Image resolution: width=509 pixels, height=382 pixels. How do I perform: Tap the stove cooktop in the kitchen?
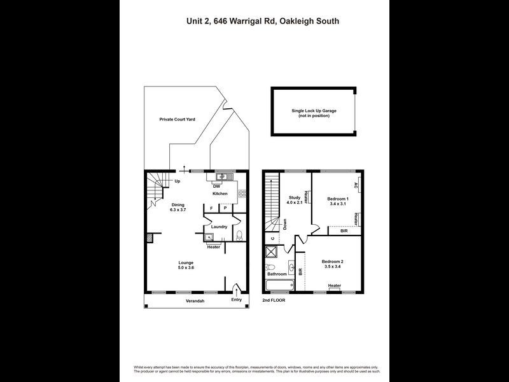(x=242, y=192)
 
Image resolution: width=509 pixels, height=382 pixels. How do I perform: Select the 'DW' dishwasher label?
(x=216, y=186)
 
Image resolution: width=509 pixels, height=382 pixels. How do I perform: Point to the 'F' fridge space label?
(x=211, y=208)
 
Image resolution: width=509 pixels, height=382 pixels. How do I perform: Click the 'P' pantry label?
(x=225, y=208)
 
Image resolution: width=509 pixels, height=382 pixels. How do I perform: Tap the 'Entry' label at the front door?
(x=237, y=300)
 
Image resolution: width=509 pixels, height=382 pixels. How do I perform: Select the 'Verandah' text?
(x=194, y=301)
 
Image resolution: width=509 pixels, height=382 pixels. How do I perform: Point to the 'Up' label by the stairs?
(x=178, y=181)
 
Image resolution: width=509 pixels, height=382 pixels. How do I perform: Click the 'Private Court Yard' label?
(x=177, y=119)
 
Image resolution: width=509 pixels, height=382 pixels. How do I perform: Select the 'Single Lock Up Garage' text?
(x=314, y=110)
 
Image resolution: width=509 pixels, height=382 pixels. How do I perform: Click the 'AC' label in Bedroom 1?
(x=357, y=186)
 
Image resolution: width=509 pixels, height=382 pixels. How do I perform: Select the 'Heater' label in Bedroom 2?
(x=335, y=286)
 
